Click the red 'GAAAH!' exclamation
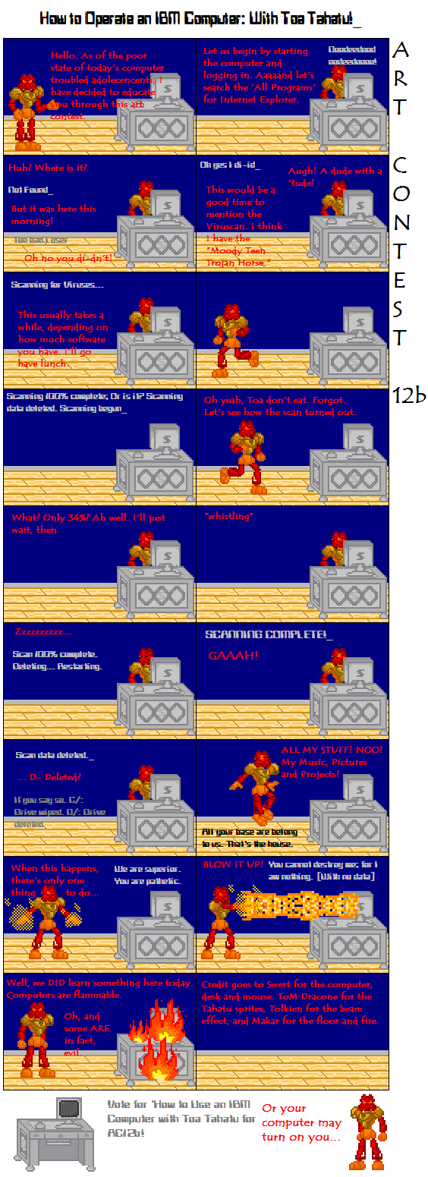coord(233,655)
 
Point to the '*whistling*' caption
coord(229,516)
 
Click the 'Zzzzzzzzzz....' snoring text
coord(44,631)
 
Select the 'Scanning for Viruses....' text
coord(58,285)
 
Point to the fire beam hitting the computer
coord(296,905)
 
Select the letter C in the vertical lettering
coord(401,164)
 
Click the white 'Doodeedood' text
coord(352,50)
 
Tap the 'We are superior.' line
coord(147,868)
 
